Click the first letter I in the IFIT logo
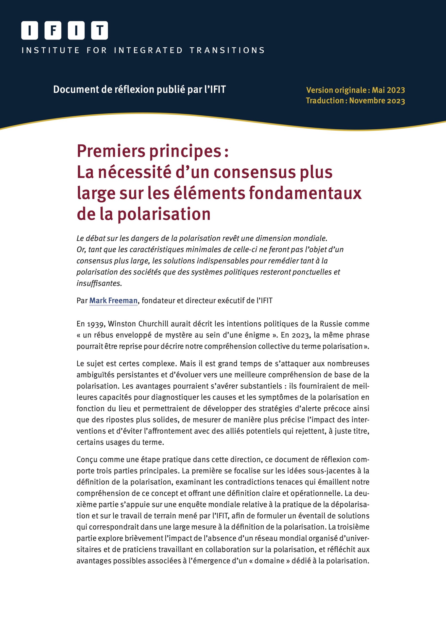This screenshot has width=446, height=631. tap(30, 30)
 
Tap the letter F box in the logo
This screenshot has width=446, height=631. tap(53, 30)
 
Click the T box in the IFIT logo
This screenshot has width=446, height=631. tap(100, 30)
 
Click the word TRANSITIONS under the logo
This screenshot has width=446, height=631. tap(227, 50)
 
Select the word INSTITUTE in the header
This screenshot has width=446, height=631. tap(51, 50)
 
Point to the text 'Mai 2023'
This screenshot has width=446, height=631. tap(388, 90)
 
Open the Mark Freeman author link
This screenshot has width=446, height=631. tap(113, 301)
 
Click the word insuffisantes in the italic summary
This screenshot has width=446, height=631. tap(99, 283)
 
